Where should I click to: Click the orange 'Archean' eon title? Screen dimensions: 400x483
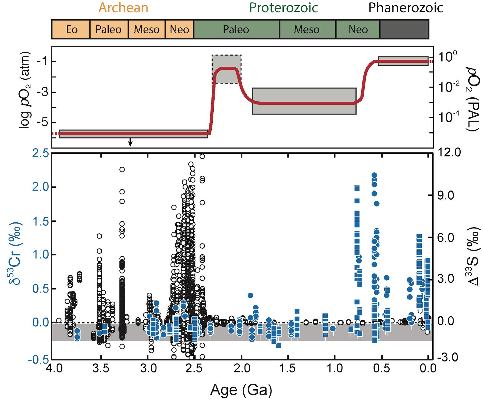click(123, 8)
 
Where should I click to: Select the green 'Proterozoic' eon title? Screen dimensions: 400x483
click(283, 8)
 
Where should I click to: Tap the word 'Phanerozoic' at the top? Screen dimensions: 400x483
click(405, 8)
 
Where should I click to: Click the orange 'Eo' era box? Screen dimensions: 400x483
click(71, 29)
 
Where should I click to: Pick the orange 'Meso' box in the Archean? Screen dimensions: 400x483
click(147, 29)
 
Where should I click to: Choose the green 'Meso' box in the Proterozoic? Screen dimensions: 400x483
click(307, 29)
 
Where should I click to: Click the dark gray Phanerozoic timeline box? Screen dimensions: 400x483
click(404, 29)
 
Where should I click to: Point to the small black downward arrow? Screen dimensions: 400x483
click(130, 143)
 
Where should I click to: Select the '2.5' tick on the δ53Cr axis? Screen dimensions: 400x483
click(41, 153)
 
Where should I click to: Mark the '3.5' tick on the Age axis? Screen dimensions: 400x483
click(101, 368)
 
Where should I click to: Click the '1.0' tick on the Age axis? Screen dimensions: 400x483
click(335, 368)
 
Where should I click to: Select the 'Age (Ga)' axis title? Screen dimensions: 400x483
click(241, 390)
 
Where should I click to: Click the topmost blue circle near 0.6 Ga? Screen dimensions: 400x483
click(374, 175)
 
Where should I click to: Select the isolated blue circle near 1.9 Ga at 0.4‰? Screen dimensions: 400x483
click(250, 296)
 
